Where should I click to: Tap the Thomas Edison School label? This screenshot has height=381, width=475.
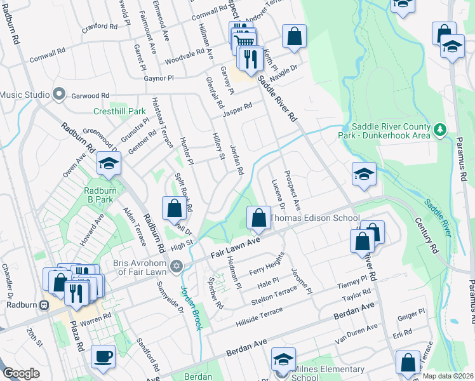315,218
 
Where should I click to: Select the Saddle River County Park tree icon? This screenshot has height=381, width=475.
439,130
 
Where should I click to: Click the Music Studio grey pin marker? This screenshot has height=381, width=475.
59,95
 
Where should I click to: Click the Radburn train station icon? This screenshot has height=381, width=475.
44,304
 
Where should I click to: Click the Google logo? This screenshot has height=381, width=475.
21,373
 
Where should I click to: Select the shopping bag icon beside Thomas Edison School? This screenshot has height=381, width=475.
258,218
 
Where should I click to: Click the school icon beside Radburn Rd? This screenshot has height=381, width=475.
109,164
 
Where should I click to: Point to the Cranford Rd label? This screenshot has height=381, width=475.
100,28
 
